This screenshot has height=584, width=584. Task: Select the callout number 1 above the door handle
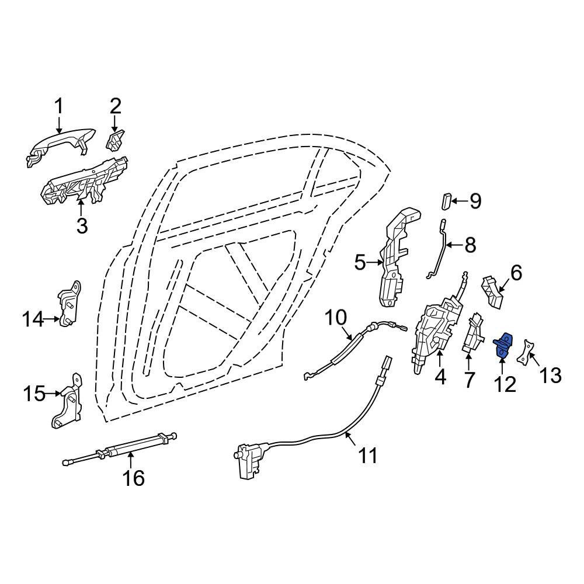tap(59, 106)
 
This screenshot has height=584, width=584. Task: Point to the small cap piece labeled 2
tap(116, 140)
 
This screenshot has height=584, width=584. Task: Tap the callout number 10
tap(336, 318)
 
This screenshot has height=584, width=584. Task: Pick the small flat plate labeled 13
tap(526, 352)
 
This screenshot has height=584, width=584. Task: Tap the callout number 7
tap(469, 380)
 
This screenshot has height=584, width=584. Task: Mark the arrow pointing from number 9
tap(460, 201)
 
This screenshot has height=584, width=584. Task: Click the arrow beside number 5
tap(374, 263)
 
